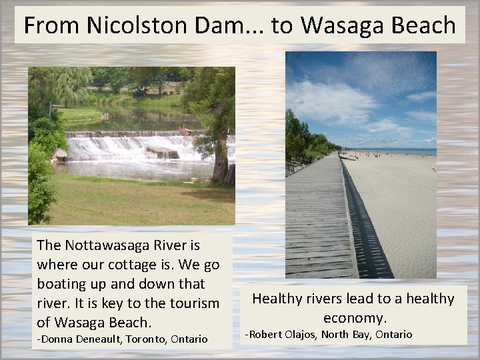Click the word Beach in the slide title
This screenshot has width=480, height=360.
click(419, 25)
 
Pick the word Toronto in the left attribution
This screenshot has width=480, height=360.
click(148, 339)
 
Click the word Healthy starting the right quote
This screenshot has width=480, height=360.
click(276, 299)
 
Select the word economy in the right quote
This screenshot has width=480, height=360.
click(354, 317)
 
